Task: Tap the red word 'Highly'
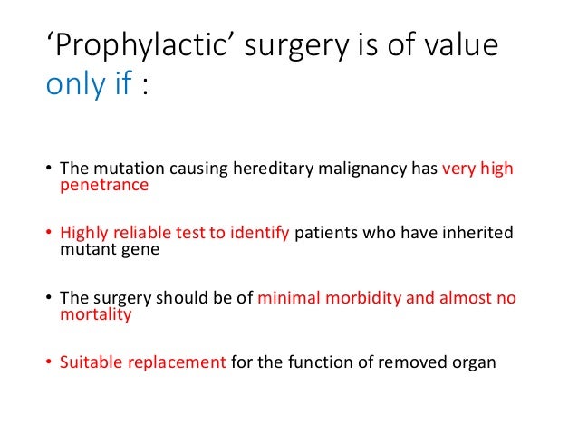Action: pyautogui.click(x=83, y=234)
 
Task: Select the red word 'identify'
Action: pyautogui.click(x=259, y=234)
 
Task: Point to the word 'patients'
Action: pyautogui.click(x=326, y=234)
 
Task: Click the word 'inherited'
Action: pyautogui.click(x=477, y=234)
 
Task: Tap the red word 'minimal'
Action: pyautogui.click(x=289, y=299)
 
